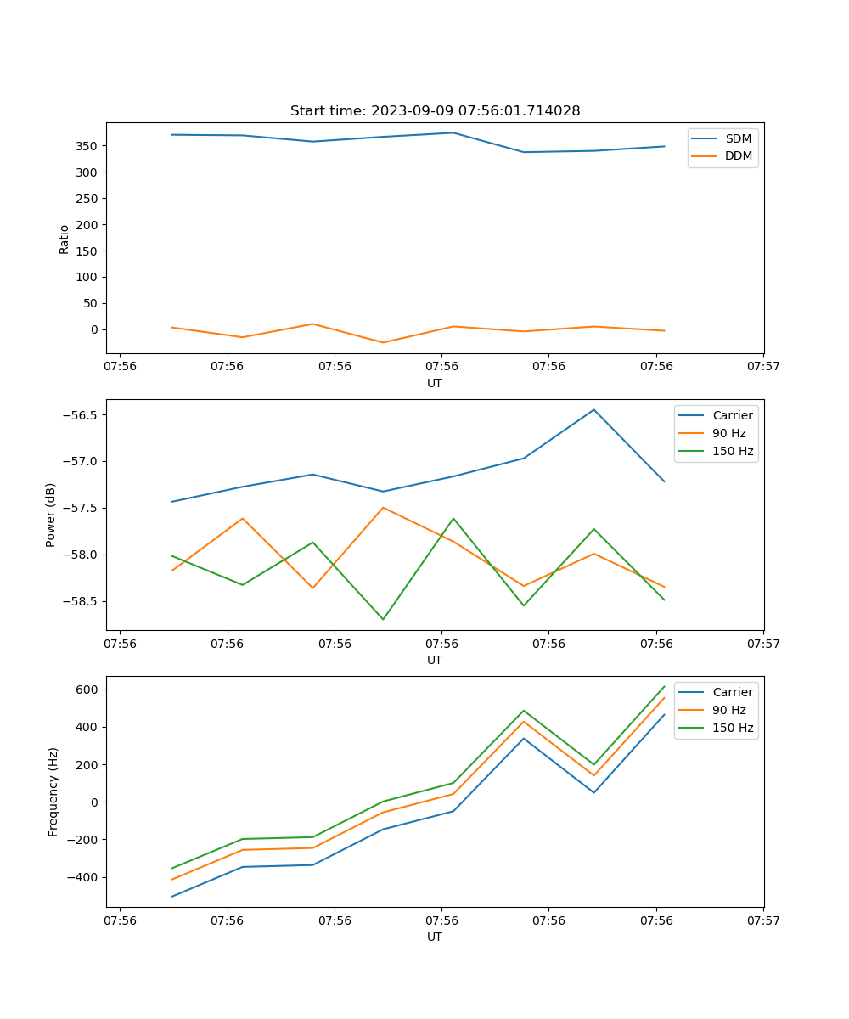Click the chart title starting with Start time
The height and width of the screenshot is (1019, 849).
tap(435, 111)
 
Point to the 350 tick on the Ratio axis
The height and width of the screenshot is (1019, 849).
tap(88, 146)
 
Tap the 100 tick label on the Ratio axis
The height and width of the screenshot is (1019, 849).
tap(88, 277)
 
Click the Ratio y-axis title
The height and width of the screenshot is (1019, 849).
tap(65, 238)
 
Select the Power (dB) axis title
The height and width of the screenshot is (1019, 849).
tap(51, 515)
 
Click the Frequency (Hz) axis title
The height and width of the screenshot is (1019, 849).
tap(53, 791)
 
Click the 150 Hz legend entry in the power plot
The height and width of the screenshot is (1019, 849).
tap(733, 451)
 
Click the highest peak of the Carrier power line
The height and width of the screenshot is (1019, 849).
tap(594, 410)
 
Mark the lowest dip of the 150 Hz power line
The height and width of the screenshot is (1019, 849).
tap(383, 619)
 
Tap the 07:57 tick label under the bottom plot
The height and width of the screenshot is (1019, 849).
tap(763, 920)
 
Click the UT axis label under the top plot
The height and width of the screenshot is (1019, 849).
tap(435, 383)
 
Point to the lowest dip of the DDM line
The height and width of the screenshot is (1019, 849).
tap(383, 342)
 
